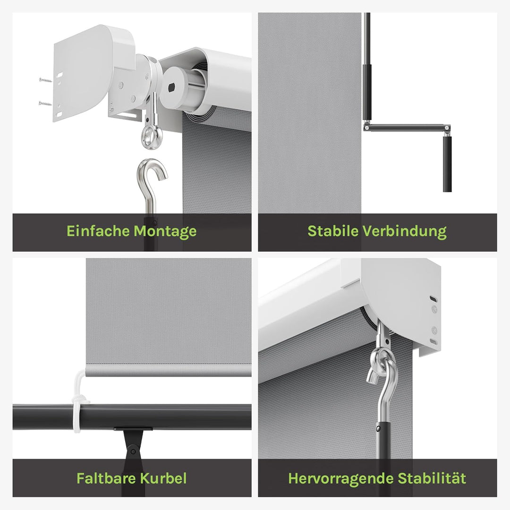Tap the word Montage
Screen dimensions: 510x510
[165, 232]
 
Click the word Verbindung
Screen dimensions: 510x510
[405, 231]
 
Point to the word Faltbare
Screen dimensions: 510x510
[106, 478]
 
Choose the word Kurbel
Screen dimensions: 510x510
[163, 478]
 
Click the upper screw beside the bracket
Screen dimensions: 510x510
[45, 79]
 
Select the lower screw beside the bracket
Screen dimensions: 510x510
[45, 104]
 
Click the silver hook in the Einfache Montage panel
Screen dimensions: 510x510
[152, 182]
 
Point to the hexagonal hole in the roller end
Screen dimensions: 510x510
[172, 87]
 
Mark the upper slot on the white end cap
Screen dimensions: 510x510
[433, 298]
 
